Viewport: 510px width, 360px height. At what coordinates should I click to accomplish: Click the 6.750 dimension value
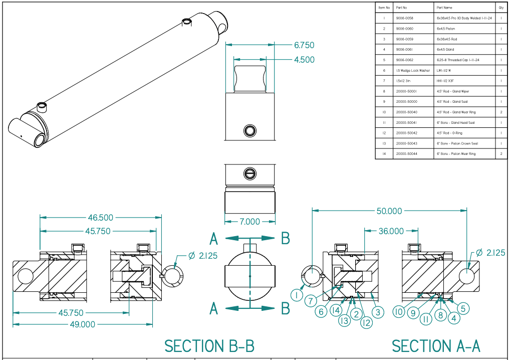(304, 45)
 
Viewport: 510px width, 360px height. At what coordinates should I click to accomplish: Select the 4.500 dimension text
(304, 60)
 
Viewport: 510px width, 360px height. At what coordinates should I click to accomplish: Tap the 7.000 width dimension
(249, 222)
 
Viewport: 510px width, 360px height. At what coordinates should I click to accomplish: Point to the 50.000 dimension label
(389, 211)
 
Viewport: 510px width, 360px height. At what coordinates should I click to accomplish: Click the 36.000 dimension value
(391, 231)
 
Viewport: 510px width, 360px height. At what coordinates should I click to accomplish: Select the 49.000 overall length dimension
(82, 324)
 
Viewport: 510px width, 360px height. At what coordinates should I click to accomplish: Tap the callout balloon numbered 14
(335, 310)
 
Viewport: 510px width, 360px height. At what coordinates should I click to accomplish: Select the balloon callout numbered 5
(464, 308)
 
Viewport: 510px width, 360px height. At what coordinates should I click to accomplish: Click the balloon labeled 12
(366, 323)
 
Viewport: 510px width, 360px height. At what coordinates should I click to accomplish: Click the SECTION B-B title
(209, 346)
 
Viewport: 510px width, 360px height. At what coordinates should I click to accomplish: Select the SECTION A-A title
(436, 346)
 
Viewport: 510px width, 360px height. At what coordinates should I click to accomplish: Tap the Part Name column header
(444, 8)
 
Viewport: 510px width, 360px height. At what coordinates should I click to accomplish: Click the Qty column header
(500, 8)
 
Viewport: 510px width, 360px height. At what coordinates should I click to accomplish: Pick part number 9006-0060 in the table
(404, 29)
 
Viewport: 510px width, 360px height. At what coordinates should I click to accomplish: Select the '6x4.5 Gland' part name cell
(445, 50)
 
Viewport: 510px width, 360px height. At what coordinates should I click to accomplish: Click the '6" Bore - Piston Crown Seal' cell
(457, 143)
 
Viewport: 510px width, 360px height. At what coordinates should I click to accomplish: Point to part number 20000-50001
(406, 91)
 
